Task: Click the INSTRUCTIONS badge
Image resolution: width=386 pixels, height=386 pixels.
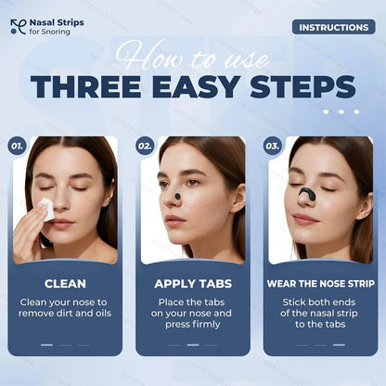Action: pos(333,27)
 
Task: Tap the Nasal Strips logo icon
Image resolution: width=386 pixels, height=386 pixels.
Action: pos(17,27)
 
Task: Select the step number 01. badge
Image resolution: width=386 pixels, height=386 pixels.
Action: pos(17,146)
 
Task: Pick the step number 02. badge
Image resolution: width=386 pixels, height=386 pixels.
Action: pos(145,146)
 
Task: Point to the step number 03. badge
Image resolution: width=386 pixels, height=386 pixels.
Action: pos(272,146)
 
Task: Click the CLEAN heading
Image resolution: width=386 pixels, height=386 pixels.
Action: pos(66,284)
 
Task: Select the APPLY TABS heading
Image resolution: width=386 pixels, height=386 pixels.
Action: pos(193,284)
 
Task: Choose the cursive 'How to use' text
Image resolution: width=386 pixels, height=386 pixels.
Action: pos(193,56)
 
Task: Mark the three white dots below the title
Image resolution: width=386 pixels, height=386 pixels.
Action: pos(346,111)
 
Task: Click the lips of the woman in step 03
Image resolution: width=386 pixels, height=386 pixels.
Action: pos(304,220)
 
